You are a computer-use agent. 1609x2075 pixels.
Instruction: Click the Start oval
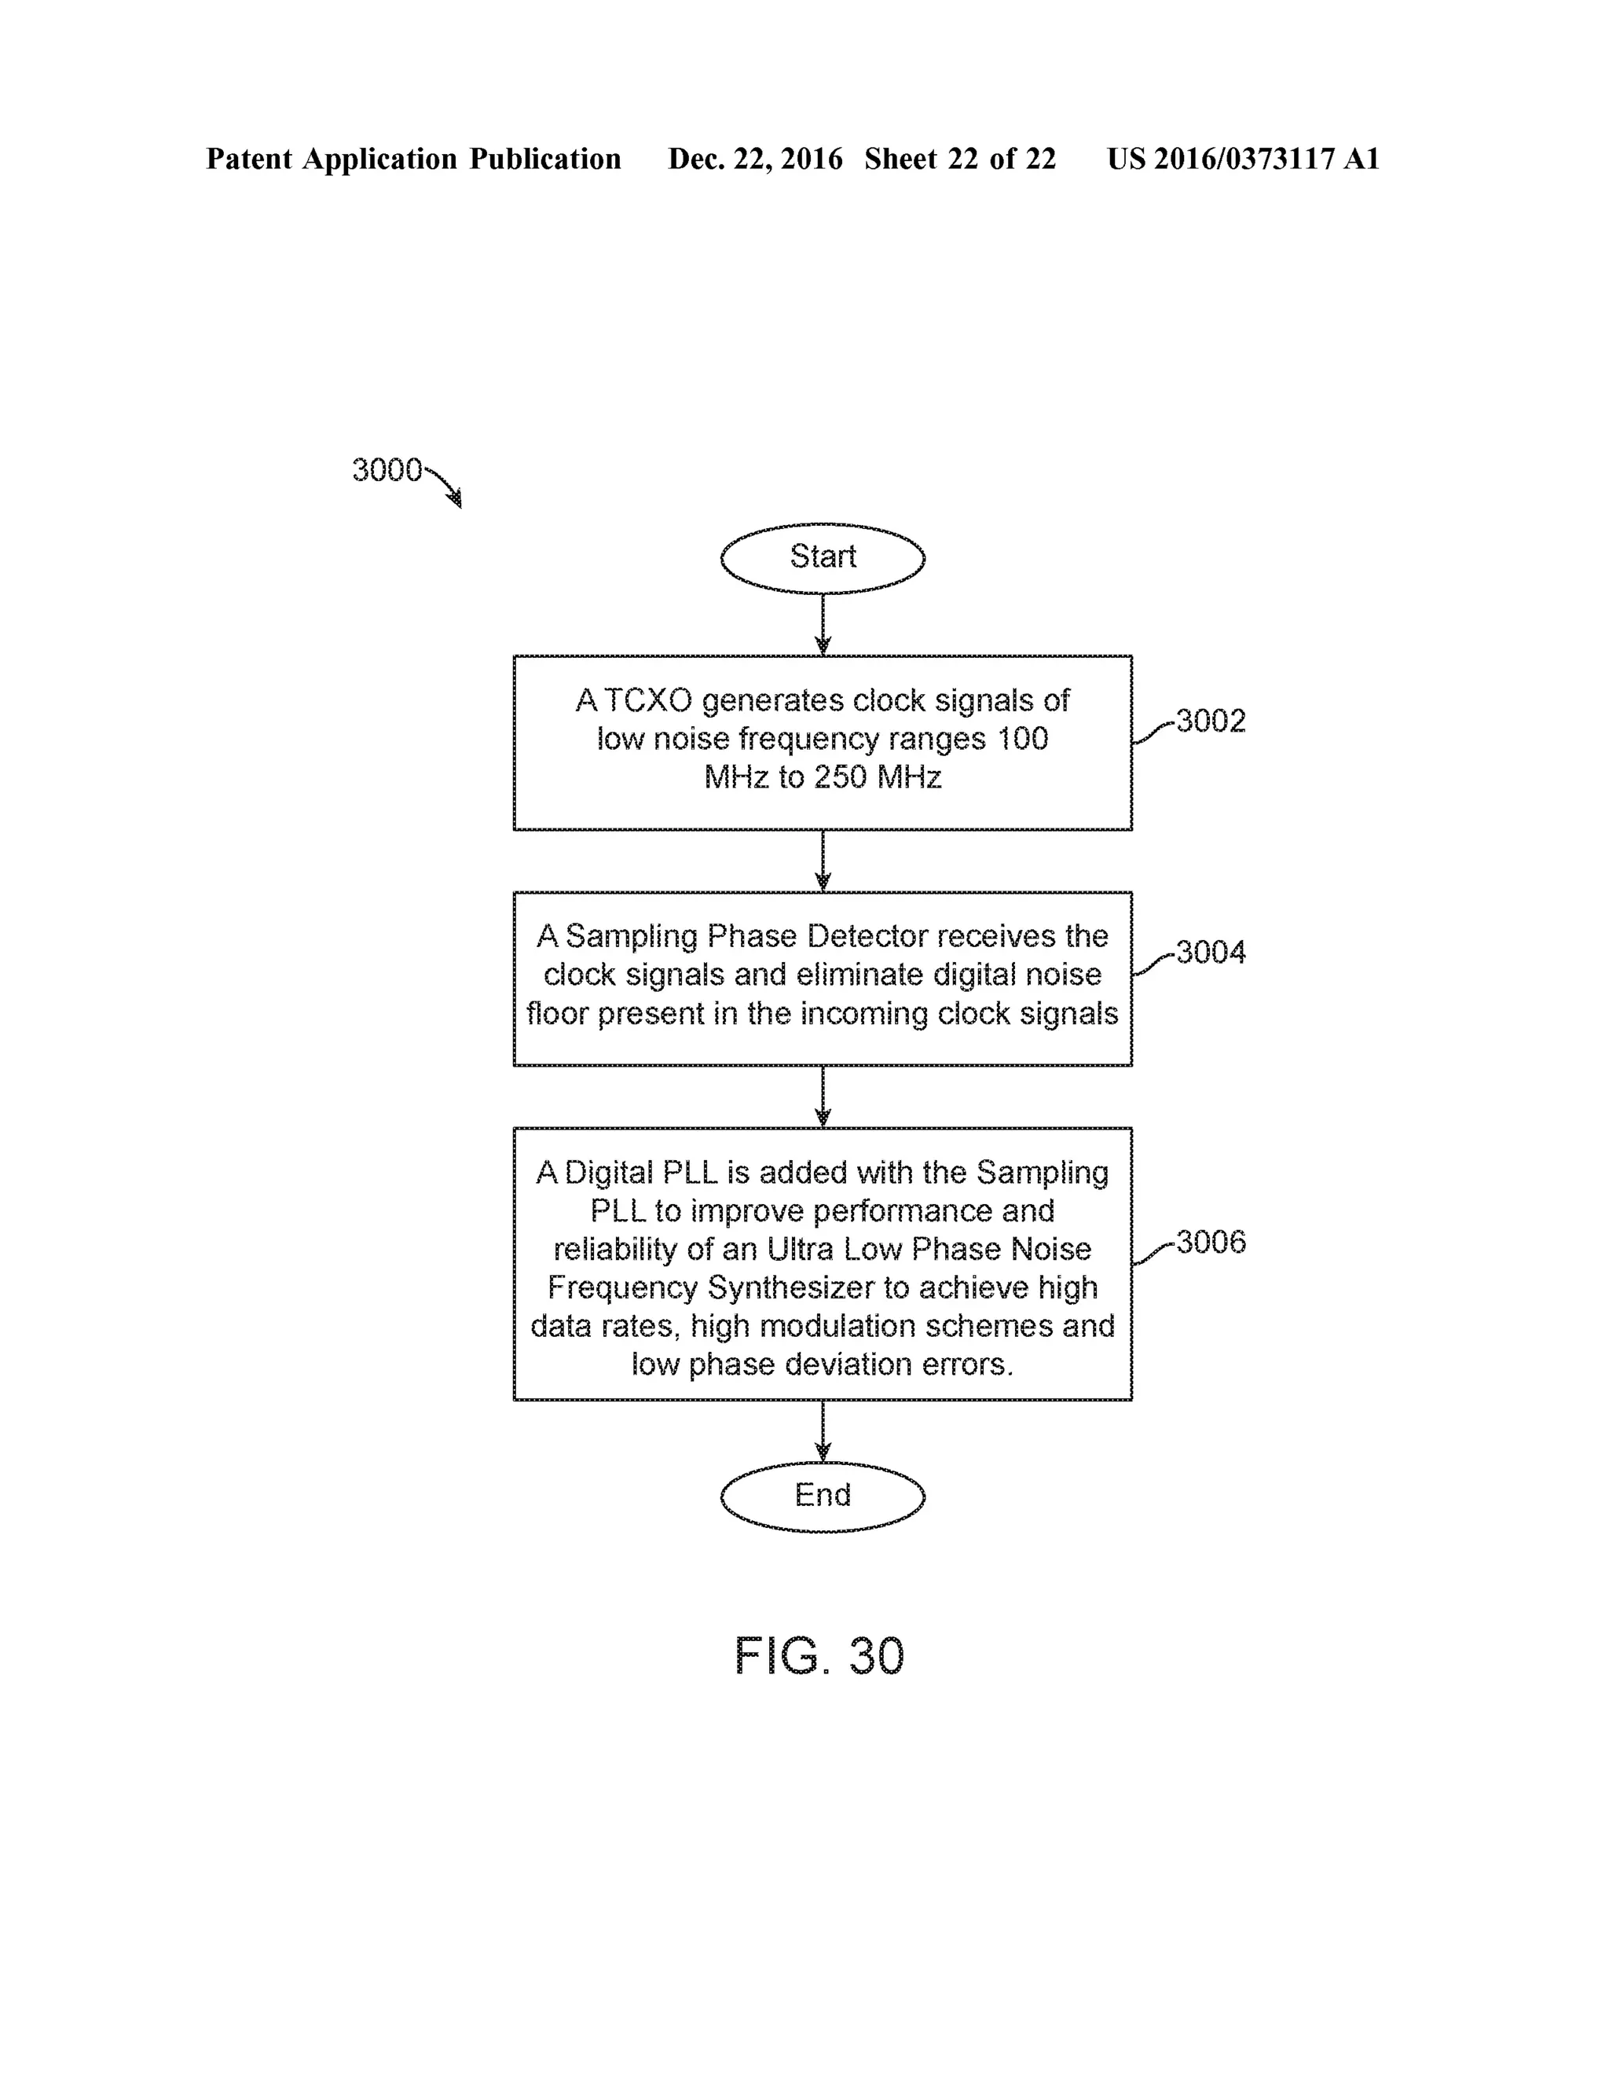(x=823, y=558)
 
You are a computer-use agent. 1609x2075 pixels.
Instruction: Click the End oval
(x=823, y=1496)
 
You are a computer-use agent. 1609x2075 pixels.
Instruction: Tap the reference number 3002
(x=1211, y=721)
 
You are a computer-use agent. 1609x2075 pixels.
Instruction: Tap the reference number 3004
(x=1211, y=952)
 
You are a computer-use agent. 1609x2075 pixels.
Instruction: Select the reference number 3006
(x=1211, y=1242)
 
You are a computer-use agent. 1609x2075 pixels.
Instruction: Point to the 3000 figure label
(x=387, y=469)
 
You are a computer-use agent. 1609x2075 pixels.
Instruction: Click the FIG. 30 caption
(x=819, y=1656)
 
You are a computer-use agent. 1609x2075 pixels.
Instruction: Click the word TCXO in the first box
(x=649, y=700)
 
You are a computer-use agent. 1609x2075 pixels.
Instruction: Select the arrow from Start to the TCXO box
(x=823, y=624)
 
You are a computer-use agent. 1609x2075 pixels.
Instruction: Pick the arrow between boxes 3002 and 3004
(x=823, y=861)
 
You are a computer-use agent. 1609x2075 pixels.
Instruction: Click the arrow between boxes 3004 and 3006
(x=823, y=1096)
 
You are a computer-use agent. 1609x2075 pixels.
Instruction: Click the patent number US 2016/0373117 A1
(x=1242, y=159)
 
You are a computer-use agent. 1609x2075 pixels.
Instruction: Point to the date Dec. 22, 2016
(x=755, y=159)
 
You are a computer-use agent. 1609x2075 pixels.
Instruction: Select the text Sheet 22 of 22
(x=960, y=159)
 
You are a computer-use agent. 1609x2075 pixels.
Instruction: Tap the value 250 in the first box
(x=840, y=777)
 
